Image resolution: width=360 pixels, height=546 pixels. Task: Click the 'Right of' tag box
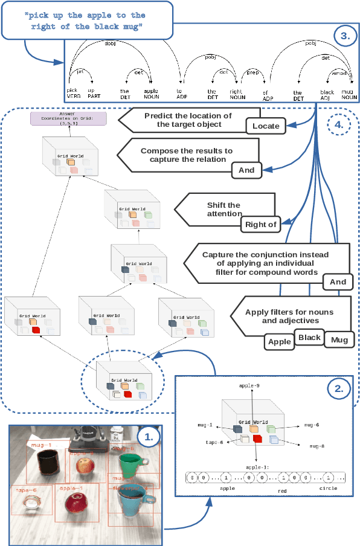click(x=260, y=225)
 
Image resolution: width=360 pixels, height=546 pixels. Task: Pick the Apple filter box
click(x=280, y=342)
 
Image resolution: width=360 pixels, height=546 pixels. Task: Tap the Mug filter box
click(x=339, y=341)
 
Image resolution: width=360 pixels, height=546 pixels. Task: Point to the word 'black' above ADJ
click(x=327, y=92)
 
